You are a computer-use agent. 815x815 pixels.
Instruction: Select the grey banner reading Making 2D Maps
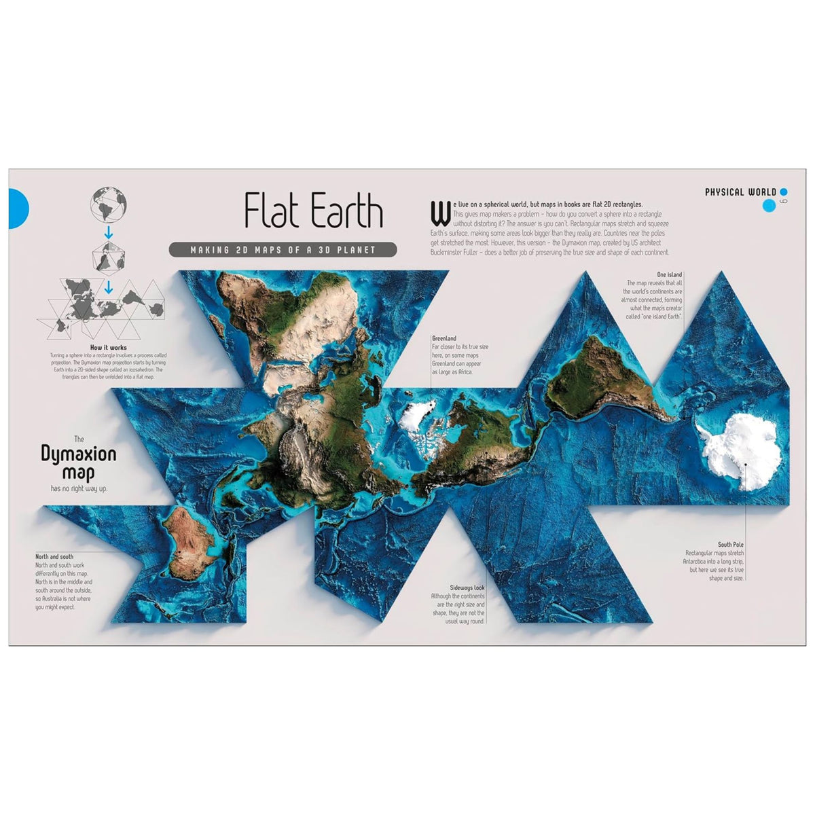point(283,250)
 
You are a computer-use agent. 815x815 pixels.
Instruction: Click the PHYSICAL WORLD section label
point(740,192)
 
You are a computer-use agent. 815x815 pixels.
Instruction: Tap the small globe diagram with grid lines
point(109,204)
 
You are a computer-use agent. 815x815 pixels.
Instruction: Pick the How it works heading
point(109,348)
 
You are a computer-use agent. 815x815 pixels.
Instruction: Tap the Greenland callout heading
point(444,338)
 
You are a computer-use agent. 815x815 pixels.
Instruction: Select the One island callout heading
point(669,275)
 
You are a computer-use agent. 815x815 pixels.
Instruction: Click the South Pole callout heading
point(731,545)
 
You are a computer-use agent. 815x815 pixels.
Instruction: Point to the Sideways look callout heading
point(467,587)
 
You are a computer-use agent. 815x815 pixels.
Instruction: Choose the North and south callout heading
point(54,557)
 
